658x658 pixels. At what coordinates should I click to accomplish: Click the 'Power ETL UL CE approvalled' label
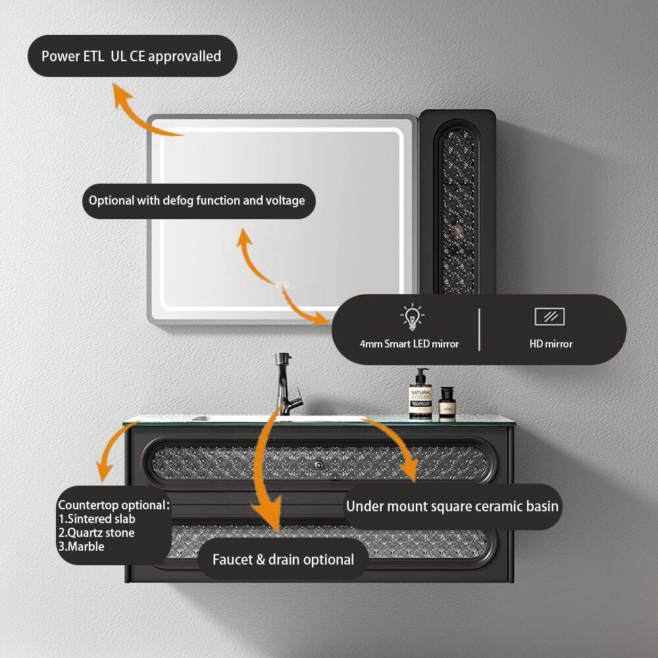pos(132,56)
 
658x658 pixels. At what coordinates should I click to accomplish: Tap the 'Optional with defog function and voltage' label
pos(197,201)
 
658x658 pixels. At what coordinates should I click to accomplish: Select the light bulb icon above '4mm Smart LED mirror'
pos(412,317)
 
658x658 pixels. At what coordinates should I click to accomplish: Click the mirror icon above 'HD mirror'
pos(549,316)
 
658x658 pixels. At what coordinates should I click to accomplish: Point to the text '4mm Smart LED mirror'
pos(409,343)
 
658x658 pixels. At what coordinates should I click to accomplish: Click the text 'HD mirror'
pos(551,343)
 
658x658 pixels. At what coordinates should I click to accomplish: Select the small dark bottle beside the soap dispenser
pos(447,403)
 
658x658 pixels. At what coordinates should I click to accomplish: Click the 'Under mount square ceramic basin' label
pos(452,506)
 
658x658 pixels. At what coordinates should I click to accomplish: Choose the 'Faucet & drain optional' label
pos(283,559)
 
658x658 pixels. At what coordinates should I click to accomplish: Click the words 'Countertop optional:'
pos(114,505)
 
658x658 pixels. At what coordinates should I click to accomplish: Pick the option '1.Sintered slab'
pos(97,519)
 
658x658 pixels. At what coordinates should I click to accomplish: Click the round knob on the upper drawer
pos(319,465)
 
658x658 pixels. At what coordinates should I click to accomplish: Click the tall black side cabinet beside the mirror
pos(457,201)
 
